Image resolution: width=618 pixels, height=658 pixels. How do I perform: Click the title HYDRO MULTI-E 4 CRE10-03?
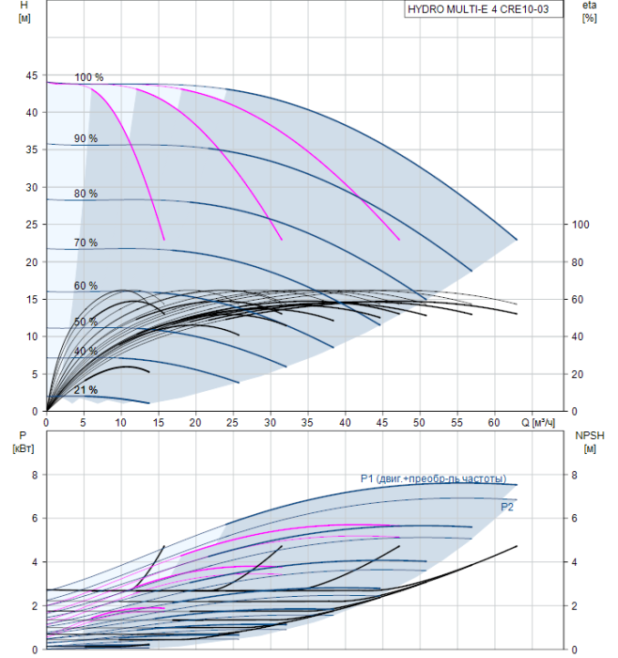point(484,9)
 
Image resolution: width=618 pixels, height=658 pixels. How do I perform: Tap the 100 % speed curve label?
point(88,77)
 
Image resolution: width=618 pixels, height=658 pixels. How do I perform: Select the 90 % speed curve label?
point(86,139)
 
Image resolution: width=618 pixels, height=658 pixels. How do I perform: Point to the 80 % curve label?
point(86,194)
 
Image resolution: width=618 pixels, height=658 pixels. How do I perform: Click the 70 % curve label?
point(86,243)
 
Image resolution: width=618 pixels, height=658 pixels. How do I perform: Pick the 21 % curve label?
point(86,390)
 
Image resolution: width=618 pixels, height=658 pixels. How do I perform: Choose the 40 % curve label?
point(86,351)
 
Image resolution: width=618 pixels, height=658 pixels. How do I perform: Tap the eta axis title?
point(589,12)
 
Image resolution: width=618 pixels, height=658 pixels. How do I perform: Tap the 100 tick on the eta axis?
point(580,225)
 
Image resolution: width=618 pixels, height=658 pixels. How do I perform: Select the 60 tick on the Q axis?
point(495,422)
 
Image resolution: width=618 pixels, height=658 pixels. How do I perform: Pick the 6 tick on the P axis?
point(34,518)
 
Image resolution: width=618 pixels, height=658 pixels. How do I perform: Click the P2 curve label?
point(507,507)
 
